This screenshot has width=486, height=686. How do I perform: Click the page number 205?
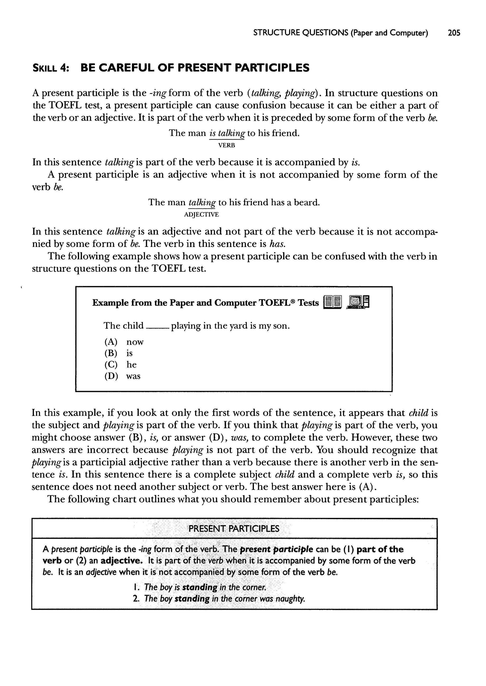(454, 33)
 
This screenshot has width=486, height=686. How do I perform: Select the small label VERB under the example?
(227, 145)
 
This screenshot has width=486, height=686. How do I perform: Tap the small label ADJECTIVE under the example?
(201, 215)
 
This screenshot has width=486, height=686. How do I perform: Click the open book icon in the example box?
(332, 302)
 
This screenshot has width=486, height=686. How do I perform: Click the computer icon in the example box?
(358, 302)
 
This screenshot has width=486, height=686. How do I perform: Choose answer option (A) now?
(124, 342)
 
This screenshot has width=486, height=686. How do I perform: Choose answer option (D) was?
(122, 376)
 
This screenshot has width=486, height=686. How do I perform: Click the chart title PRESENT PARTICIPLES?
(234, 528)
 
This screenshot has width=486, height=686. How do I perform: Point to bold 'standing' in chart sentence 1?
(200, 587)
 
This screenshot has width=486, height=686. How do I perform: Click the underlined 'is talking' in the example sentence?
(227, 133)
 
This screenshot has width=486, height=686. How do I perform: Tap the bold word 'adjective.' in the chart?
(122, 560)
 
